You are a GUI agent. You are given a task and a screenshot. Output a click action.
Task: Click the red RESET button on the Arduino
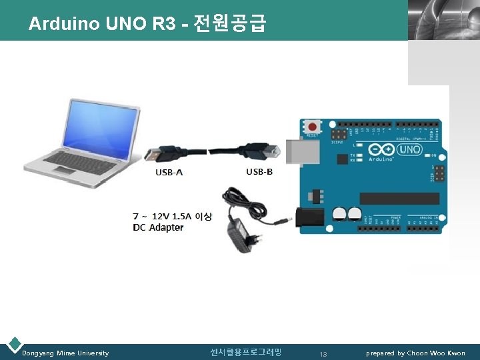[311, 127]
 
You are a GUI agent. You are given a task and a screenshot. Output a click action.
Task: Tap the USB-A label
[169, 173]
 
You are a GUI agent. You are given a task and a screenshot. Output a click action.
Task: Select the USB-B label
[259, 172]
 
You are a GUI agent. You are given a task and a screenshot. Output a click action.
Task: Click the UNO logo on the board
[409, 149]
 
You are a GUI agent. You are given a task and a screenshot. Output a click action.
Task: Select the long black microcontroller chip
[399, 198]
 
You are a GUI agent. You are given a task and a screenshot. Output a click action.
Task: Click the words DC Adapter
[158, 227]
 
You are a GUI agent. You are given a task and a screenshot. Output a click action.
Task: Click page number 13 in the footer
[323, 353]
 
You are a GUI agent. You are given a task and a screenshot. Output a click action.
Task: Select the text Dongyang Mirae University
[65, 353]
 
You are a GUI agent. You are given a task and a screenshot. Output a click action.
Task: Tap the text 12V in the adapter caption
[160, 216]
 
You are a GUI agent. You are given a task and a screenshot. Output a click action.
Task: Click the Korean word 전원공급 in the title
[230, 24]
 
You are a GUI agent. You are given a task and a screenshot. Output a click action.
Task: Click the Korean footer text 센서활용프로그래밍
[245, 352]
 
